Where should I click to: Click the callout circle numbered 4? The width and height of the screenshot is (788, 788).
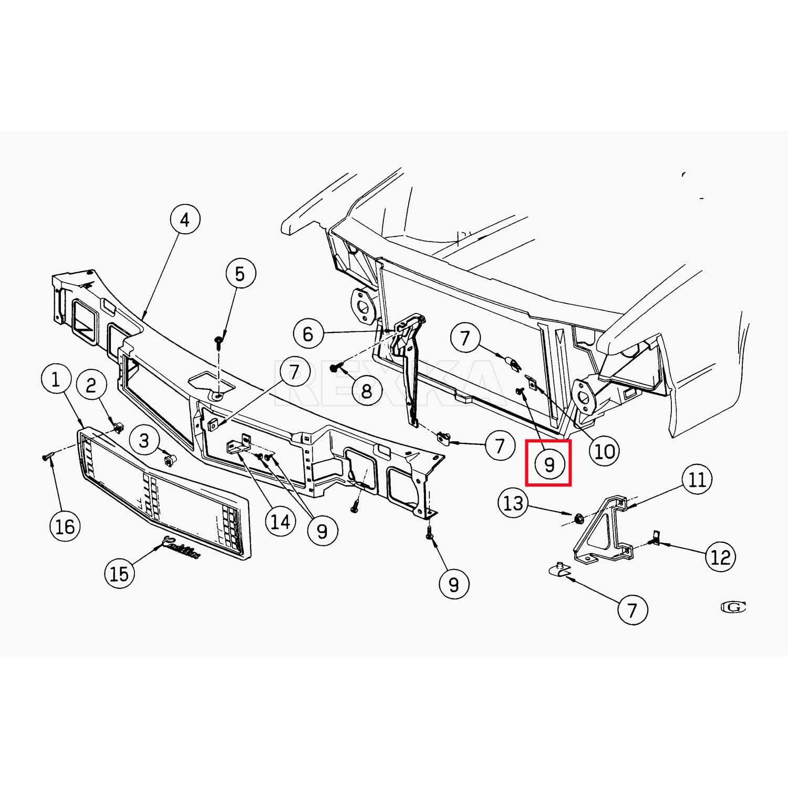click(x=184, y=221)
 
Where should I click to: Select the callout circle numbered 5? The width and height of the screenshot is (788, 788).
click(x=240, y=274)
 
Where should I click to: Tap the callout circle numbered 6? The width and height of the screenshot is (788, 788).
click(x=308, y=334)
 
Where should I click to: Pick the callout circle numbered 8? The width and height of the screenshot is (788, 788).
click(x=366, y=391)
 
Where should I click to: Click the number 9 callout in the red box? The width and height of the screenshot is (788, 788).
click(x=549, y=464)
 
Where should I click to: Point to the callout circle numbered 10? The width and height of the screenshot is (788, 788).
click(x=604, y=451)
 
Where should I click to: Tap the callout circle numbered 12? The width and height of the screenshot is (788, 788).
click(x=720, y=557)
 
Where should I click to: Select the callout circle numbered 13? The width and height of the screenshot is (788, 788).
click(x=513, y=503)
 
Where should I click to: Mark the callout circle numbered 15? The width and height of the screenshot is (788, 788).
click(x=120, y=574)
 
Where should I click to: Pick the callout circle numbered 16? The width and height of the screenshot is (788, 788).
click(x=65, y=526)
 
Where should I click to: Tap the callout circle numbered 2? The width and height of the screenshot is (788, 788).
click(x=91, y=386)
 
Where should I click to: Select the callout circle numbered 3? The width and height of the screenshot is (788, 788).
click(x=144, y=440)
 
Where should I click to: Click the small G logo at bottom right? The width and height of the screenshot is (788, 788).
click(x=734, y=607)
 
